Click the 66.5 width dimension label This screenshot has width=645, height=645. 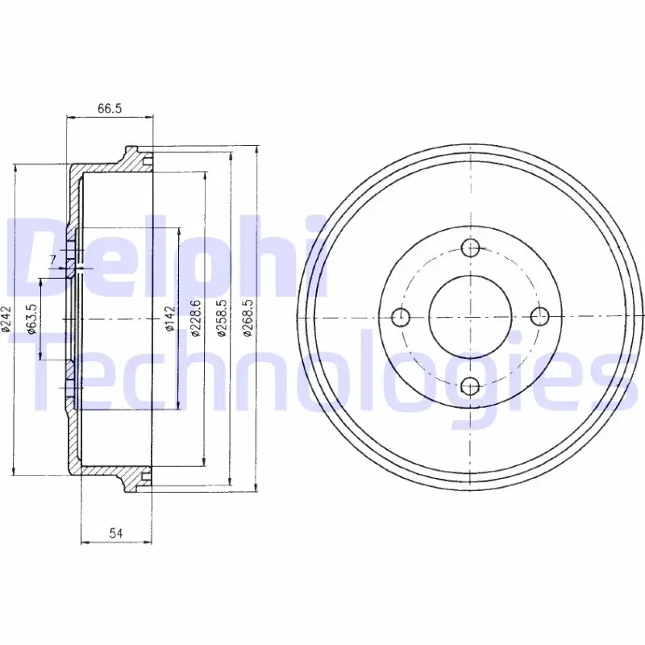pyautogui.click(x=110, y=108)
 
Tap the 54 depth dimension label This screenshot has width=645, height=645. pyautogui.click(x=116, y=533)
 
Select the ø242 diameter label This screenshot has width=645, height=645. pyautogui.click(x=6, y=318)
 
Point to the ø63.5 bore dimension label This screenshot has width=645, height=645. pyautogui.click(x=31, y=318)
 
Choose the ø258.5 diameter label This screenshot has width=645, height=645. pyautogui.click(x=222, y=318)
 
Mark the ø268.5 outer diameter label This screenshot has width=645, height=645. pyautogui.click(x=248, y=318)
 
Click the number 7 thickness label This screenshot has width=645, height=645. pyautogui.click(x=52, y=260)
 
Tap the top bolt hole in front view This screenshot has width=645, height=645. pyautogui.click(x=470, y=248)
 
